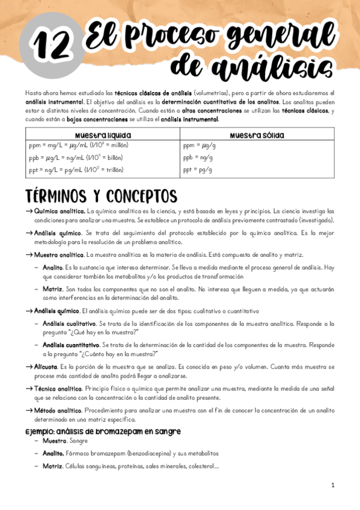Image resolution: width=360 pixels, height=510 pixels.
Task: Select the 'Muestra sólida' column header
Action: tap(257, 135)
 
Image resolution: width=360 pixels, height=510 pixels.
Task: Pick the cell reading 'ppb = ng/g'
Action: tap(198, 158)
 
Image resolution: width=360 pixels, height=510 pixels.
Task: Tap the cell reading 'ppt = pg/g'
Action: tap(198, 170)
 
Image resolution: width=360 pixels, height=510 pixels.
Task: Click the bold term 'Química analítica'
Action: tap(60, 212)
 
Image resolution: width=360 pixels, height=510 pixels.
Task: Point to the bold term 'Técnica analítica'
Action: tap(59, 389)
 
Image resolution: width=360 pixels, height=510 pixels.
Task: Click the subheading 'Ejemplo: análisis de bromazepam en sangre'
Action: tap(103, 431)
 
